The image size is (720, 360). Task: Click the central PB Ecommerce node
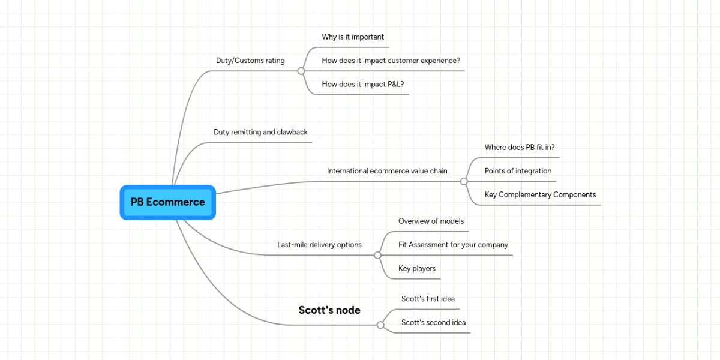(167, 202)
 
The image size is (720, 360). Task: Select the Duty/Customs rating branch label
(250, 61)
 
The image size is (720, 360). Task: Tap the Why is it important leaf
(353, 37)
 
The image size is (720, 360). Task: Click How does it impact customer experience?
(391, 61)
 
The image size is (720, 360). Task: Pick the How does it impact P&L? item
(362, 84)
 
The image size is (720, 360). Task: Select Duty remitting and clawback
(260, 132)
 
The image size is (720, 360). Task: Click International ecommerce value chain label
(387, 171)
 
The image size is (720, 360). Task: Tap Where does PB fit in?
(523, 148)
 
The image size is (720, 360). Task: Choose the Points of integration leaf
(518, 171)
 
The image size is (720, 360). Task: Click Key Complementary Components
(540, 195)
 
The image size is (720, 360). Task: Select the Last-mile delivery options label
(319, 245)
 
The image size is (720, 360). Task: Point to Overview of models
(431, 221)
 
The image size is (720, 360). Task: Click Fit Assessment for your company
(453, 245)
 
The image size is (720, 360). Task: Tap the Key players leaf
(417, 269)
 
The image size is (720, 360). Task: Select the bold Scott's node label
(329, 310)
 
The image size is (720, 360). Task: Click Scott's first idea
(428, 299)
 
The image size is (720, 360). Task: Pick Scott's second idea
(433, 323)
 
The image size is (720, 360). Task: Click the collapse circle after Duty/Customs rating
(301, 71)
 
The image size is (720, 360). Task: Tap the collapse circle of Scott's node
(380, 325)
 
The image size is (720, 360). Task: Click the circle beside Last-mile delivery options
(377, 255)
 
